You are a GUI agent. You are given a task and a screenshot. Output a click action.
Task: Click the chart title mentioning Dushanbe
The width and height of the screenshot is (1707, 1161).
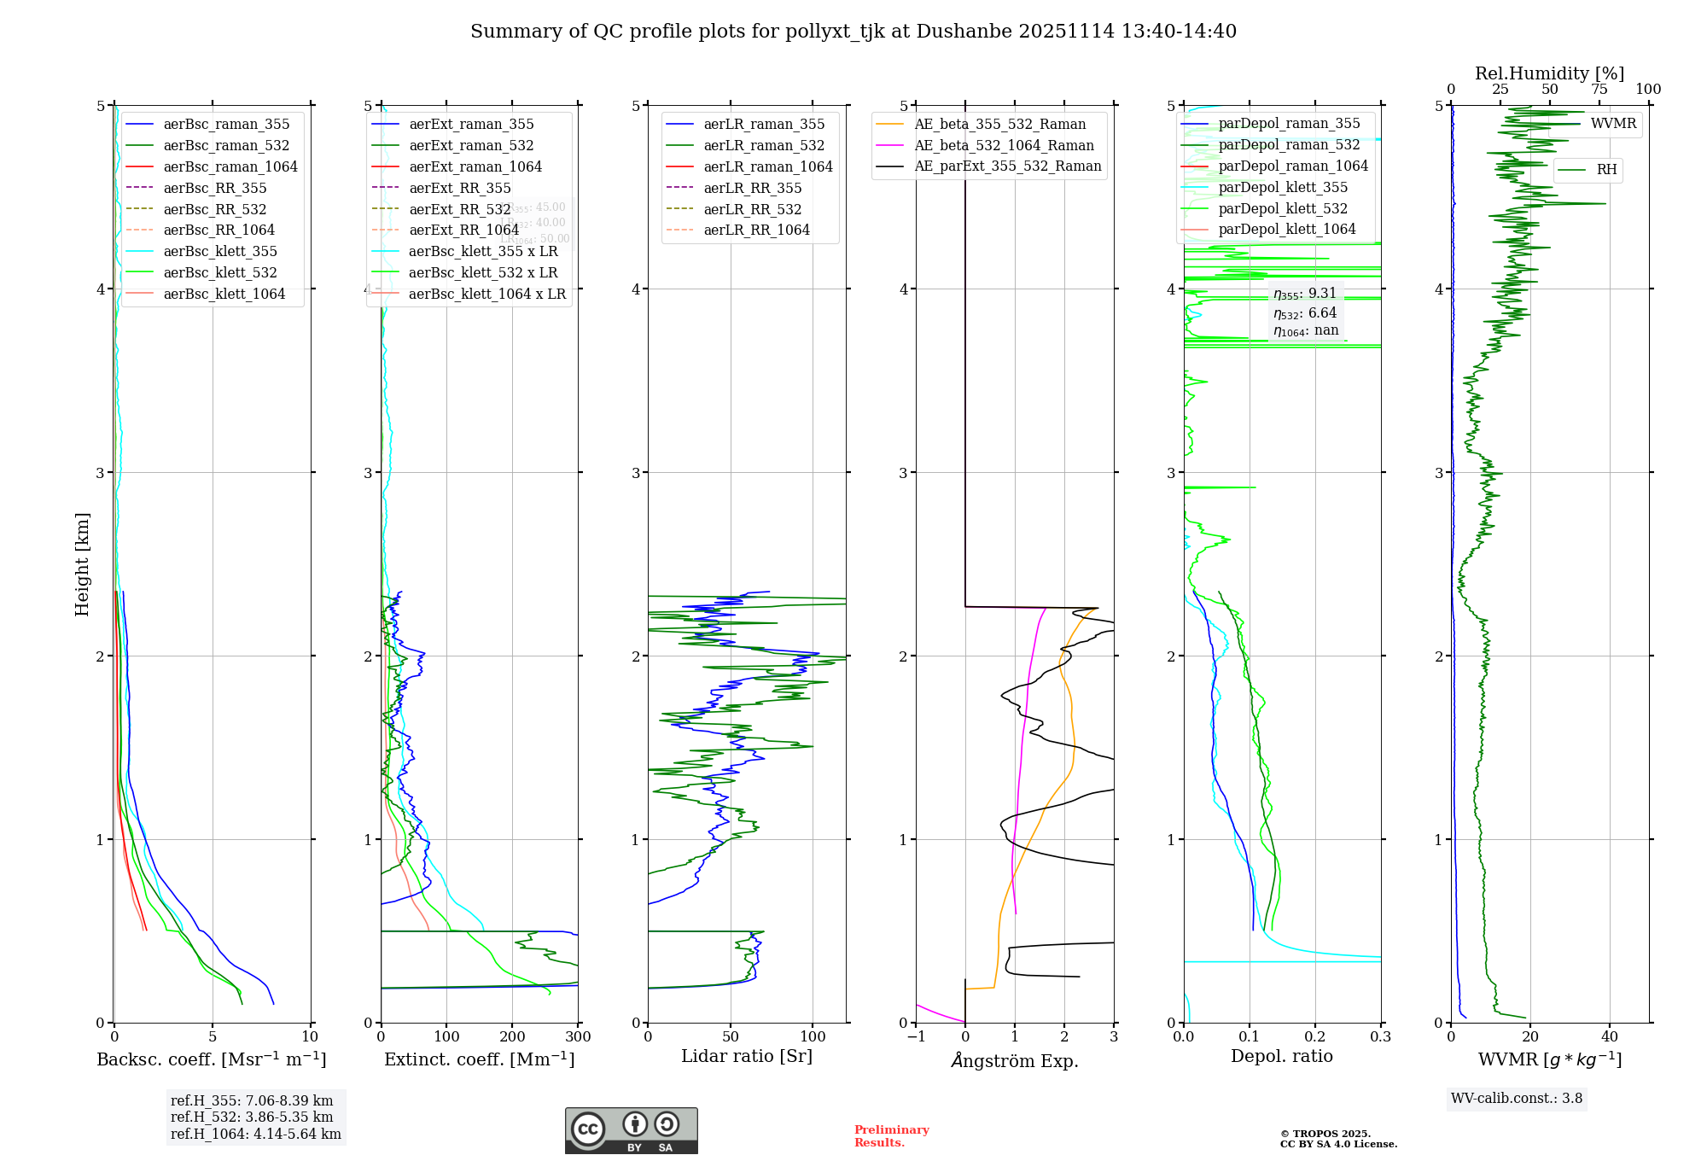coord(853,32)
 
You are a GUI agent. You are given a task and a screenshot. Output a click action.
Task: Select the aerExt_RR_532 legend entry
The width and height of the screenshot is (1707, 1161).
coord(460,209)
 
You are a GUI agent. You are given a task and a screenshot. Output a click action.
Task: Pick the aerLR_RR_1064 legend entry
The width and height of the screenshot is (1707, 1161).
coord(756,230)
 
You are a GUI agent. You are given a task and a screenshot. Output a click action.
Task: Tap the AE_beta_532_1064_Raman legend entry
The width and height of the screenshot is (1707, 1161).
coord(1004,145)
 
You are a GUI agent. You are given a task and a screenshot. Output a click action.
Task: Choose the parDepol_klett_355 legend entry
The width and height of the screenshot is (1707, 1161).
coord(1283,187)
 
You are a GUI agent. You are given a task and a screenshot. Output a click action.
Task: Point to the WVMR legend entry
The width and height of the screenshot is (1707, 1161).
coord(1613,124)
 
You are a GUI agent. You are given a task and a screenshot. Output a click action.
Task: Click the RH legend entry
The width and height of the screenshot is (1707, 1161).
coord(1606,170)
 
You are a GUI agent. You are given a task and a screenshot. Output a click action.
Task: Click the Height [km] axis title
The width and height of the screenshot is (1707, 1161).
coord(82,563)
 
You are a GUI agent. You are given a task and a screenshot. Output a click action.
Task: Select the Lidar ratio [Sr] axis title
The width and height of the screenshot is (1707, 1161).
coord(747,1056)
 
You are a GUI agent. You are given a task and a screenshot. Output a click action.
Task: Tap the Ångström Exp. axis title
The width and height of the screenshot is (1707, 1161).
coord(1015,1060)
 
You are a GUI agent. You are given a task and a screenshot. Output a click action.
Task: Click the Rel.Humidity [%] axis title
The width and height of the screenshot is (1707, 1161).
coord(1549,73)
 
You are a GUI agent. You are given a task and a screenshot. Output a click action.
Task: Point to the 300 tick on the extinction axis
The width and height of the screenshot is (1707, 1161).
coord(578,1036)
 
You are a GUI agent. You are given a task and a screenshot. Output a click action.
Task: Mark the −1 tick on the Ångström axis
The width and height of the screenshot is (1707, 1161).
coord(916,1036)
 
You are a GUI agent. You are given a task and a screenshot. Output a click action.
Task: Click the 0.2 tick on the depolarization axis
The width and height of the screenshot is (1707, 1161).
coord(1315,1036)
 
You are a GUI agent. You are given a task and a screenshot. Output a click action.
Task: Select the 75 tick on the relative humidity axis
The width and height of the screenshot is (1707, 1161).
coord(1599,90)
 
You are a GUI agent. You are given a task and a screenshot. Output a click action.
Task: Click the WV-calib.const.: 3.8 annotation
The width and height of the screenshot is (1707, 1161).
coord(1517,1099)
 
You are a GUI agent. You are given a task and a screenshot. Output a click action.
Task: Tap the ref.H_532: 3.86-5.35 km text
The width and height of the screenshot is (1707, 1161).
coord(252,1117)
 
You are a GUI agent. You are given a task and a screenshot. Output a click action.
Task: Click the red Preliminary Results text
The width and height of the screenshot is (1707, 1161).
coord(891,1135)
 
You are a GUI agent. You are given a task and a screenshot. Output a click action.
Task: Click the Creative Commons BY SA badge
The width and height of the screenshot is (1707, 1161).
coord(631,1130)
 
